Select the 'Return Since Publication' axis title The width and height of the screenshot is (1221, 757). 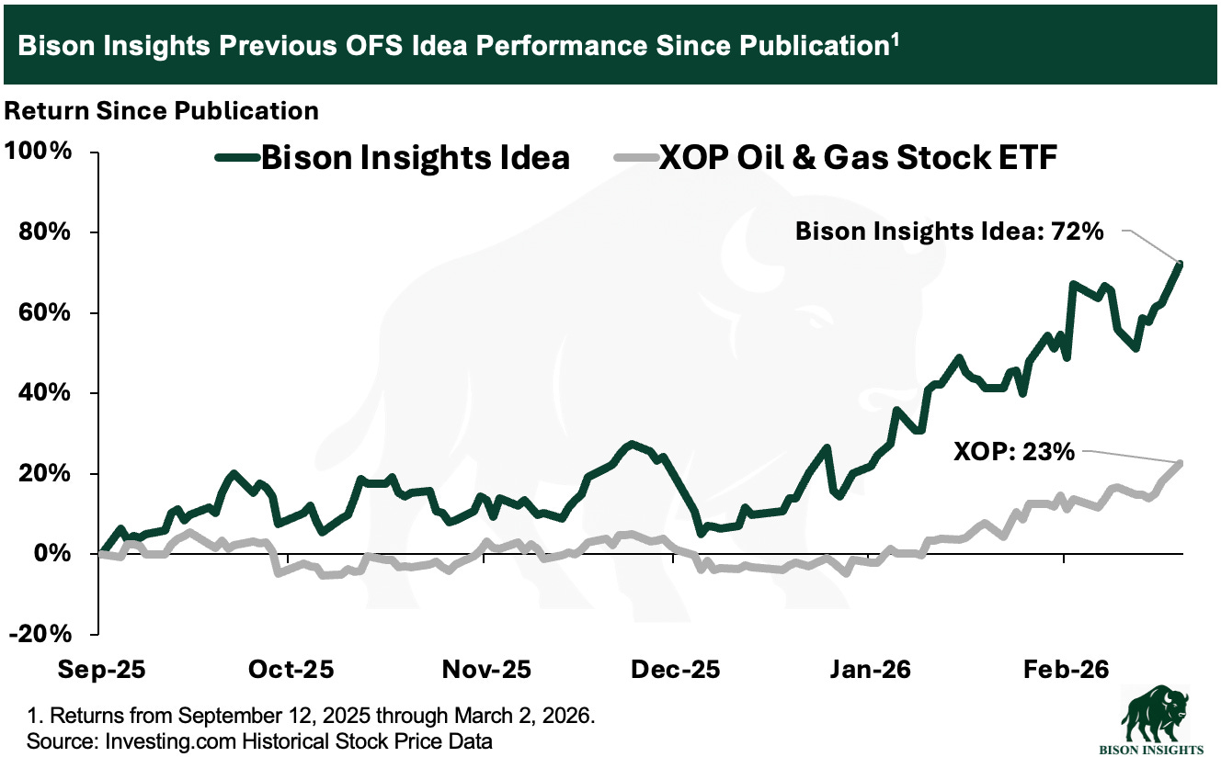pyautogui.click(x=162, y=111)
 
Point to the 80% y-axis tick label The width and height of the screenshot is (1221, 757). pyautogui.click(x=45, y=232)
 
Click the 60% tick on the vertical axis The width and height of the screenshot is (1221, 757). pyautogui.click(x=45, y=312)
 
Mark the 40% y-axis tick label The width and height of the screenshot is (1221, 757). pyautogui.click(x=45, y=393)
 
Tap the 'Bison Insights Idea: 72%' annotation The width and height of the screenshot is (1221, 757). pyautogui.click(x=948, y=232)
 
